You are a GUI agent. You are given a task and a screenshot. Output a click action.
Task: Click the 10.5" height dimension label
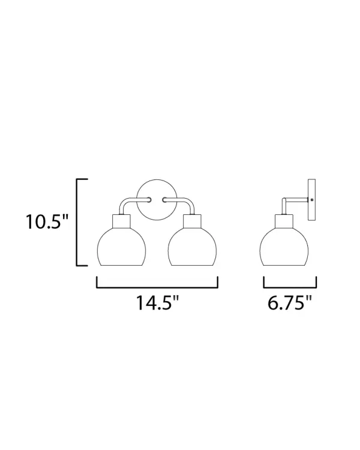47,221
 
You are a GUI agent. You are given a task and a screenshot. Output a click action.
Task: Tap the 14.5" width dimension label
157,302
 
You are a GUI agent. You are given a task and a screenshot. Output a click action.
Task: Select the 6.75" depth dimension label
290,302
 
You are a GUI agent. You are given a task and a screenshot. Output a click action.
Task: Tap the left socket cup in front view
121,221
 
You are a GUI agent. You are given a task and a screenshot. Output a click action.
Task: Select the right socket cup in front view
193,221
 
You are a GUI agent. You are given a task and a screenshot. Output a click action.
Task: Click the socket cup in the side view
284,221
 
